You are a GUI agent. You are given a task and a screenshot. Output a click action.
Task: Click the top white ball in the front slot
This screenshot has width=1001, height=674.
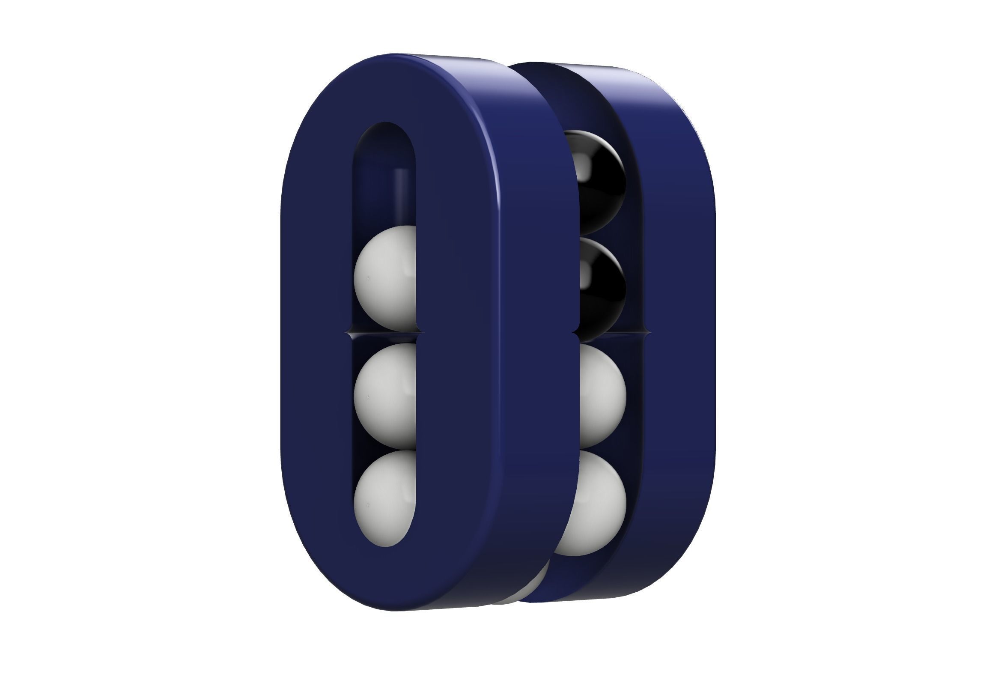(384, 277)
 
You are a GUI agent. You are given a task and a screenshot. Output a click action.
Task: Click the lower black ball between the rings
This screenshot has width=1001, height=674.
(602, 288)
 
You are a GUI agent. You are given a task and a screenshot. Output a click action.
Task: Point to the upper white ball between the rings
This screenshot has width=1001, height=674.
(602, 396)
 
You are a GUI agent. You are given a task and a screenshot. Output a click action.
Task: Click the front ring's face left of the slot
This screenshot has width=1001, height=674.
(316, 335)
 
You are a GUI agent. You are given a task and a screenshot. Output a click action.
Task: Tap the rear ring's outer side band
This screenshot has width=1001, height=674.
(683, 301)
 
